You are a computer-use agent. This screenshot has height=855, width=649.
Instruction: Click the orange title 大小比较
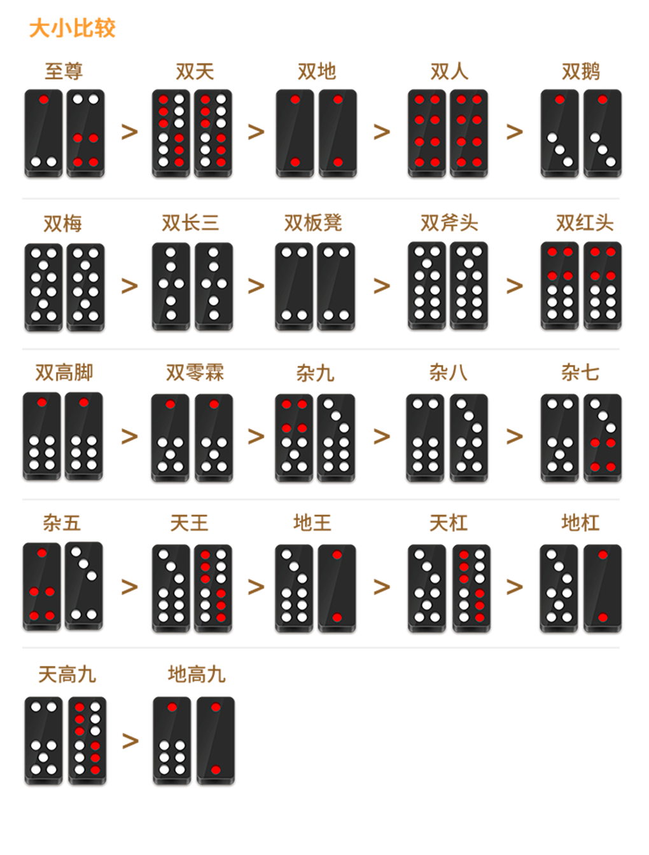72,28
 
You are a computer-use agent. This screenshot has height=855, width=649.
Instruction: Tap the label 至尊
64,71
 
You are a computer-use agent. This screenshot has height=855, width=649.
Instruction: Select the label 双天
195,71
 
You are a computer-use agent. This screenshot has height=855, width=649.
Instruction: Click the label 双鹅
581,71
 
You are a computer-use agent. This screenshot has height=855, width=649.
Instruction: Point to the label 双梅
63,224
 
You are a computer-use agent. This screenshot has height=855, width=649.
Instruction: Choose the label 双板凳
313,222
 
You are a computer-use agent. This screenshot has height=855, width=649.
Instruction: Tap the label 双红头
585,222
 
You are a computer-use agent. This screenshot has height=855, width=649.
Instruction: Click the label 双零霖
195,373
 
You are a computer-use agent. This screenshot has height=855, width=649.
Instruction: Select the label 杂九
315,373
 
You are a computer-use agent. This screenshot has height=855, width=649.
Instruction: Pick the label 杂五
62,523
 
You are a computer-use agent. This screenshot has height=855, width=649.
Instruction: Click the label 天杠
449,523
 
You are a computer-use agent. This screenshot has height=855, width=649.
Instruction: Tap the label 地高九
197,674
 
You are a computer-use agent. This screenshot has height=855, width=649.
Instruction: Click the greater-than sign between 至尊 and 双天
130,132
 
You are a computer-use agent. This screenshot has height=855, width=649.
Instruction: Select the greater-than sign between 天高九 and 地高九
130,741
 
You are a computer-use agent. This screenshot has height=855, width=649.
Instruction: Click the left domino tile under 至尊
43,133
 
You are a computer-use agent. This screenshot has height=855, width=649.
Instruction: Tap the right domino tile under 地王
337,588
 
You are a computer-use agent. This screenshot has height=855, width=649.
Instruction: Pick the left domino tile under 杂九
294,438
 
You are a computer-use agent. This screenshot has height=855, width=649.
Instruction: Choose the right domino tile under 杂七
603,438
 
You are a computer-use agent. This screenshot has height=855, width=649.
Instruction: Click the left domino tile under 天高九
43,741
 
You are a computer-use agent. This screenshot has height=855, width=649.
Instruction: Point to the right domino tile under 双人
469,133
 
